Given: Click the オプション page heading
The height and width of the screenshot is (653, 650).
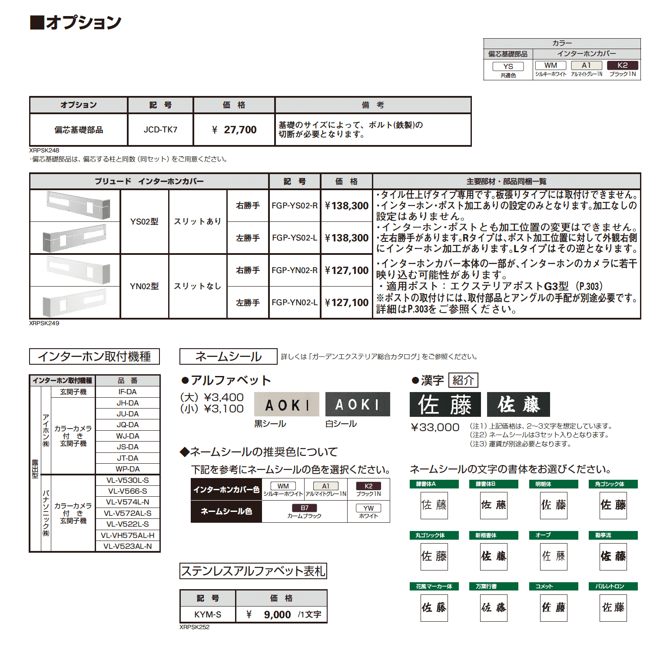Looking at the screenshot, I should coord(76,22).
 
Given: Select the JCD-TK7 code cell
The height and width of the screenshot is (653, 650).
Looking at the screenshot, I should coord(160,130).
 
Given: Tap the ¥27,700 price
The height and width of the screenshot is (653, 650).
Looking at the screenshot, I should coord(234,130).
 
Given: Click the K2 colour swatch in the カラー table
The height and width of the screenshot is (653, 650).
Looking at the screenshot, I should coord(622,66).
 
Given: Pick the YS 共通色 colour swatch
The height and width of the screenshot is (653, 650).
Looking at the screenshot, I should coord(508,66).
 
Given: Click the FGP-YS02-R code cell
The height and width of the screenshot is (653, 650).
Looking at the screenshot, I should coord(295,206).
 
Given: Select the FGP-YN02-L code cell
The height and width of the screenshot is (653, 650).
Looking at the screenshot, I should coord(295,303).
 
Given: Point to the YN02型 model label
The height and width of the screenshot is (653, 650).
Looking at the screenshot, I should coord(144,287).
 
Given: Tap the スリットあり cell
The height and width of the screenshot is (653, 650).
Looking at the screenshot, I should coord(198,221).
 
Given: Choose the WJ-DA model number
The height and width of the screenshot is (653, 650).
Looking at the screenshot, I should coord(127,436).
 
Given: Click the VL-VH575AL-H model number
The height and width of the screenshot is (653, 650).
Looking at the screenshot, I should coord(127,535).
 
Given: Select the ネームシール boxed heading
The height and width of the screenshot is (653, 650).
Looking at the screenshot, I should coord(228,356).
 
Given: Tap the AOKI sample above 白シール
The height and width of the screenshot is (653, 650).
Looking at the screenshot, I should coord(357,405).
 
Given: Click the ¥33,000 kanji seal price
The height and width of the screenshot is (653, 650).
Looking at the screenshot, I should coord(435,428).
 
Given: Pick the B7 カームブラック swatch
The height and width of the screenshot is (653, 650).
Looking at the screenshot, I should coord(305,508).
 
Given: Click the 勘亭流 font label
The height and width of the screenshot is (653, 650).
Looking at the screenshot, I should coord(613,535).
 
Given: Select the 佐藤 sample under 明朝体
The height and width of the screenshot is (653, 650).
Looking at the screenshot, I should coord(554,505).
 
